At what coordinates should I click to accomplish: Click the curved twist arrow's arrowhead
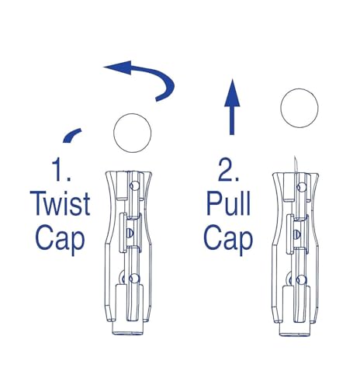[x=118, y=68]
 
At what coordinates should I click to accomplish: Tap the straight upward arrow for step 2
[x=232, y=107]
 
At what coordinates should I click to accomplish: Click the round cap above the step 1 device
[x=133, y=133]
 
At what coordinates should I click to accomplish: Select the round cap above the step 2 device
[x=299, y=108]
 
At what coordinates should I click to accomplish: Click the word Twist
[x=60, y=203]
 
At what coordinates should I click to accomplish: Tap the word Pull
[x=229, y=203]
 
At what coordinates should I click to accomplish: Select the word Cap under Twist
[x=60, y=238]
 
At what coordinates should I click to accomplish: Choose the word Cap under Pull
[x=228, y=238]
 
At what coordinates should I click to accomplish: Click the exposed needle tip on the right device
[x=295, y=158]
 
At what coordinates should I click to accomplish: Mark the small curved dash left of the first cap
[x=72, y=135]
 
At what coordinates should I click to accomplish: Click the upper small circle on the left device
[x=134, y=185]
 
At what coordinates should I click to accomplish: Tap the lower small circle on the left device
[x=134, y=279]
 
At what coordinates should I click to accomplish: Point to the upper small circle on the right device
[x=301, y=187]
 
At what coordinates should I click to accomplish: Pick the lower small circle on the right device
[x=301, y=280]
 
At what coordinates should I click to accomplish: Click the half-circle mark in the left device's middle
[x=130, y=233]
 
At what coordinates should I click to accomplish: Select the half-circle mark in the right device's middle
[x=297, y=234]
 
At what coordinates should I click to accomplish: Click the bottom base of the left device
[x=128, y=328]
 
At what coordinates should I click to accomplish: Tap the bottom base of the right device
[x=295, y=330]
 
